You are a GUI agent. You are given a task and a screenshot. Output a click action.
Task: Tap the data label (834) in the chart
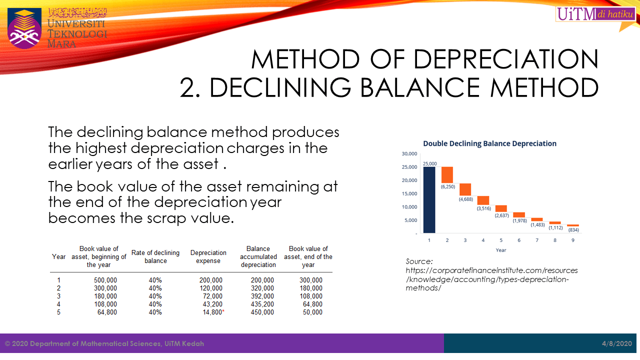pyautogui.click(x=573, y=230)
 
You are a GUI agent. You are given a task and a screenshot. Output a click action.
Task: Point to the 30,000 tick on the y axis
pyautogui.click(x=410, y=153)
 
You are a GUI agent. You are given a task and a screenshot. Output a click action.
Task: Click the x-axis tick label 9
pyautogui.click(x=573, y=240)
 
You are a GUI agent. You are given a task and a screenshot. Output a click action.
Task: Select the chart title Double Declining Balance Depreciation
pyautogui.click(x=489, y=143)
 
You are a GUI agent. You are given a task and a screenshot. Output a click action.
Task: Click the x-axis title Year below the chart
pyautogui.click(x=500, y=250)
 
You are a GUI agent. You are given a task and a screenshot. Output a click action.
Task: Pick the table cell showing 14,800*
pyautogui.click(x=212, y=312)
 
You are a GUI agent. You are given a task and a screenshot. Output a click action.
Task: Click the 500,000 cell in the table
pyautogui.click(x=105, y=280)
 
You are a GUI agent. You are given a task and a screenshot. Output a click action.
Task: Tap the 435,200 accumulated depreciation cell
pyautogui.click(x=262, y=304)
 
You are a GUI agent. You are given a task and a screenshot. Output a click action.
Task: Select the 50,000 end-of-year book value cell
pyautogui.click(x=312, y=312)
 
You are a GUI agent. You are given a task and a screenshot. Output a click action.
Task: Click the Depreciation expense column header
pyautogui.click(x=208, y=256)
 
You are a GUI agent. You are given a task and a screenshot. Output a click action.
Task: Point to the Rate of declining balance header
pyautogui.click(x=155, y=256)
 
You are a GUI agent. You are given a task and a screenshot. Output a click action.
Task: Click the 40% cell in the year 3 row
pyautogui.click(x=155, y=296)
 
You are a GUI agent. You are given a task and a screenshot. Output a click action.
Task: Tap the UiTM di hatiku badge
pyautogui.click(x=595, y=14)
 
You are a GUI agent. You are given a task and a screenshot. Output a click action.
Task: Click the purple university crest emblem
pyautogui.click(x=24, y=28)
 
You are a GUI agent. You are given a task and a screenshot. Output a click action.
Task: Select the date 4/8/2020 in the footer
pyautogui.click(x=617, y=343)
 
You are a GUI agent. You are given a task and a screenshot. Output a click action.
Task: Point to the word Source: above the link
pyautogui.click(x=419, y=261)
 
